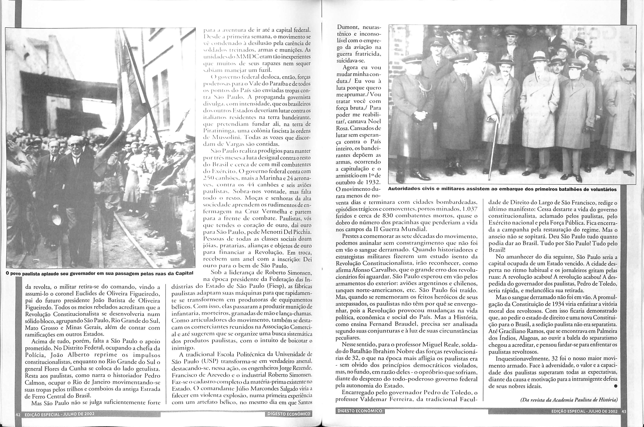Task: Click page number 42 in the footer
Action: pyautogui.click(x=18, y=414)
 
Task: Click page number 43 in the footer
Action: pyautogui.click(x=624, y=411)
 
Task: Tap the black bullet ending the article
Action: pyautogui.click(x=615, y=386)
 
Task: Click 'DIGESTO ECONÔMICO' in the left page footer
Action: pyautogui.click(x=289, y=414)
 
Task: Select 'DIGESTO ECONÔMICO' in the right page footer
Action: pyautogui.click(x=359, y=411)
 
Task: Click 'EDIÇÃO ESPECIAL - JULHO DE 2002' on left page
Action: pyautogui.click(x=59, y=414)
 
